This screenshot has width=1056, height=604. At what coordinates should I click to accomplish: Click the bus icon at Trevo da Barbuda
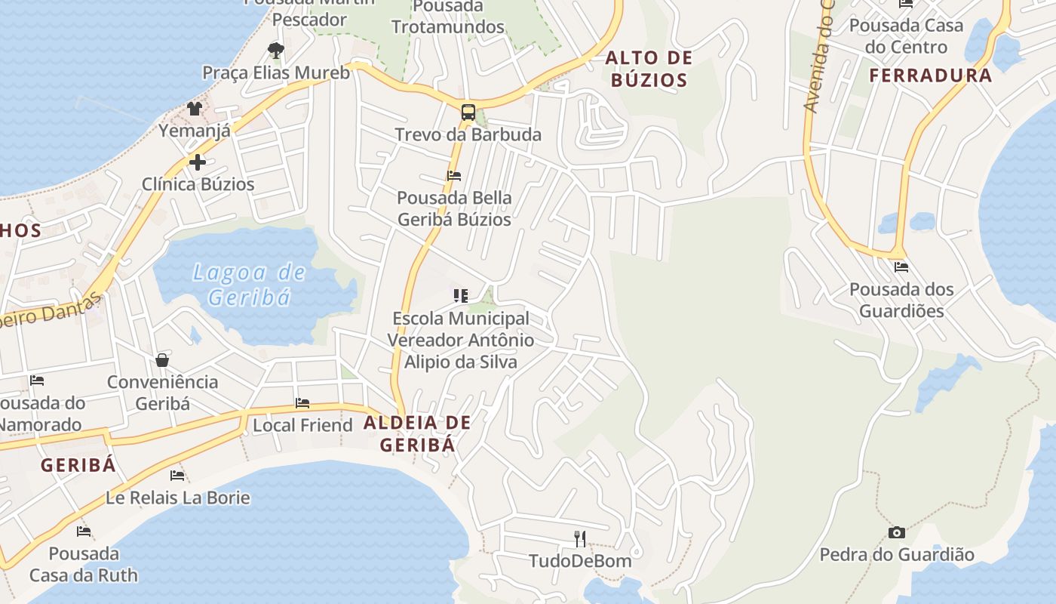[468, 112]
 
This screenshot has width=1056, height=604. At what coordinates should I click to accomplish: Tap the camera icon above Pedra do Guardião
[896, 532]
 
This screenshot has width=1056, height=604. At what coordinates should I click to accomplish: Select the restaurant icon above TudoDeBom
[580, 538]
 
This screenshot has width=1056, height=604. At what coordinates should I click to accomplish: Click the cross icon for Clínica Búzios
[198, 162]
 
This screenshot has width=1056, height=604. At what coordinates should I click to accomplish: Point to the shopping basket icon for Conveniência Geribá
[162, 359]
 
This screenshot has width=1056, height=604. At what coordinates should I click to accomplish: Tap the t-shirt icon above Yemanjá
[195, 108]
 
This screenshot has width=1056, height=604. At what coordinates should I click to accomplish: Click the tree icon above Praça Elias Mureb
[276, 51]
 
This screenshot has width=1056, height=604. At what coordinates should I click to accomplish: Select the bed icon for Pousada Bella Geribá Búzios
[454, 176]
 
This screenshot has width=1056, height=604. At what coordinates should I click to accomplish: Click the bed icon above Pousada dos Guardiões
[901, 267]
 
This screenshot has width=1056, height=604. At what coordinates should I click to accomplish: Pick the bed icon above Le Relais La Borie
[177, 476]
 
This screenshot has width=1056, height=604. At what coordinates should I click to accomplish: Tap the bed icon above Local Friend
[302, 403]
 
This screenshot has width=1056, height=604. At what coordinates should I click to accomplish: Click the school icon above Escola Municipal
[460, 295]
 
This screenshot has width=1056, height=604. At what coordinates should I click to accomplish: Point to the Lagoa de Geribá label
[249, 285]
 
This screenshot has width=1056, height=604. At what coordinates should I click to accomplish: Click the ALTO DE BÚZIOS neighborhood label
[649, 69]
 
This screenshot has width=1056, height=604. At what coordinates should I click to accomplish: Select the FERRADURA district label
[931, 75]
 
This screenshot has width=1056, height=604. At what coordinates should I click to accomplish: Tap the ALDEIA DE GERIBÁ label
[417, 433]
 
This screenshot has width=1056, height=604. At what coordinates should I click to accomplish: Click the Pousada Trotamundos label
[448, 17]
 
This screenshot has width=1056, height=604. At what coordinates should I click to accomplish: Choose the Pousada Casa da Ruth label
[84, 564]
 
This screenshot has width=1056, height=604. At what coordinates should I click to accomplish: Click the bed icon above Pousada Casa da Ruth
[84, 532]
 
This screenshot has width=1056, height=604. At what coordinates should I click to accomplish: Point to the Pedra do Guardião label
[897, 555]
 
